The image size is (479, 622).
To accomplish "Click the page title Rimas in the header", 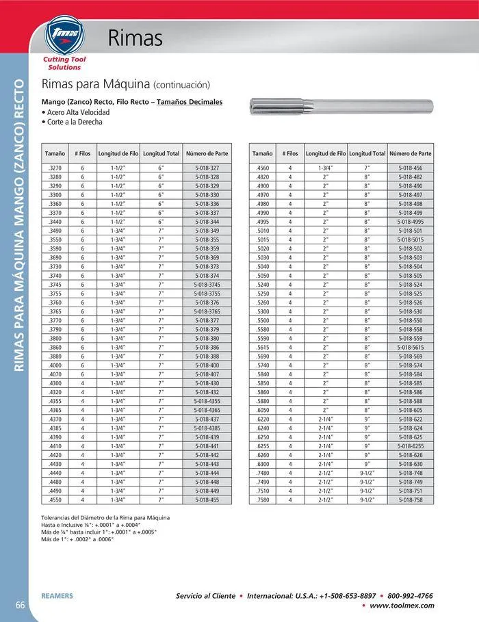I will pos(135,38).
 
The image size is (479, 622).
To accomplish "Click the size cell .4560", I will pos(262,168).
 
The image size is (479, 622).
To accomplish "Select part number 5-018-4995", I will pos(410,222).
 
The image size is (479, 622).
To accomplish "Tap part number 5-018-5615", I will pos(410,348).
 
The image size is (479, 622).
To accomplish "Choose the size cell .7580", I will pos(262,500).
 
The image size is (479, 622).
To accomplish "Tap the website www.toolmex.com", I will pos(402,606).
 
